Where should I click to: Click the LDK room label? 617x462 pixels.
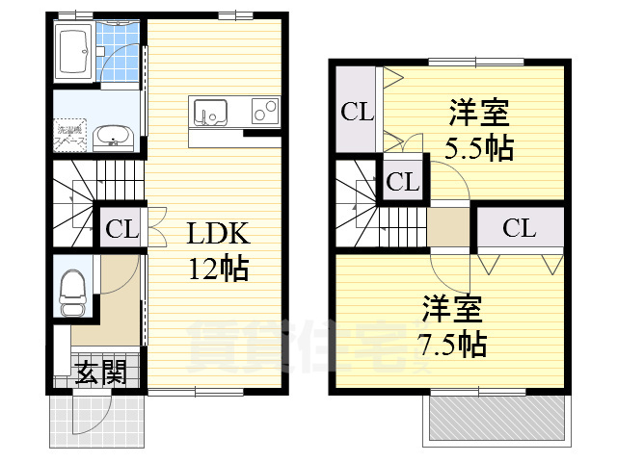click(x=218, y=234)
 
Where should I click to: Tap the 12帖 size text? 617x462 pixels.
click(x=218, y=267)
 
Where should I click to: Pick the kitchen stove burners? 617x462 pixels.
click(x=263, y=113)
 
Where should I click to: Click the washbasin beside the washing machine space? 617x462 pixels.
click(x=115, y=136)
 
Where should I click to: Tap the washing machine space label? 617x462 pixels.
click(x=72, y=135)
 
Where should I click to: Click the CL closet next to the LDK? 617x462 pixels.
click(x=122, y=230)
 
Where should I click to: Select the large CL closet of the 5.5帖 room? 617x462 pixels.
click(x=357, y=112)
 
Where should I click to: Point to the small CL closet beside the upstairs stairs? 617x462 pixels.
click(x=404, y=181)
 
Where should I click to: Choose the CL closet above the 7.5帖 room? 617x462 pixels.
click(x=519, y=228)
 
